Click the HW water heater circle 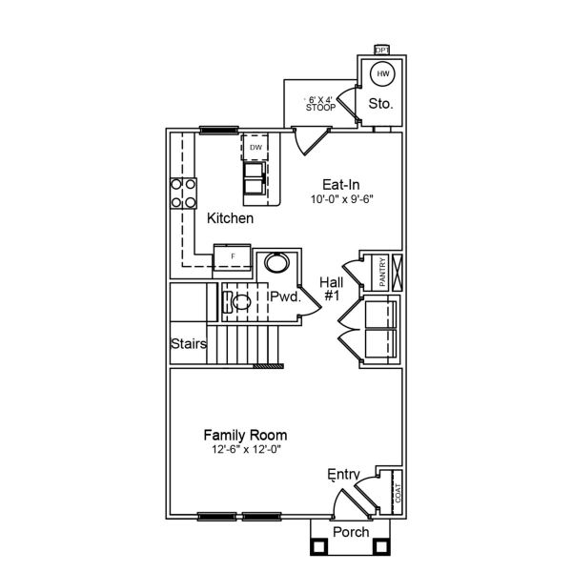click(x=382, y=73)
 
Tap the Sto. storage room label click(x=380, y=103)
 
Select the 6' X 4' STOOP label click(x=320, y=103)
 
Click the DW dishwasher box click(x=255, y=148)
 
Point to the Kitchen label click(x=231, y=219)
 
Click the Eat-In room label click(x=341, y=185)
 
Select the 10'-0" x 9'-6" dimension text click(x=340, y=199)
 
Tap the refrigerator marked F click(x=231, y=255)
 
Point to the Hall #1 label click(x=332, y=289)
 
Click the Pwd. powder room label click(x=284, y=297)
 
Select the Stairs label click(x=189, y=344)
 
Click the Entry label click(x=342, y=474)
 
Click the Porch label click(x=349, y=531)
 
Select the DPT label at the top click(x=382, y=50)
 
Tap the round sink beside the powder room click(x=276, y=262)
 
